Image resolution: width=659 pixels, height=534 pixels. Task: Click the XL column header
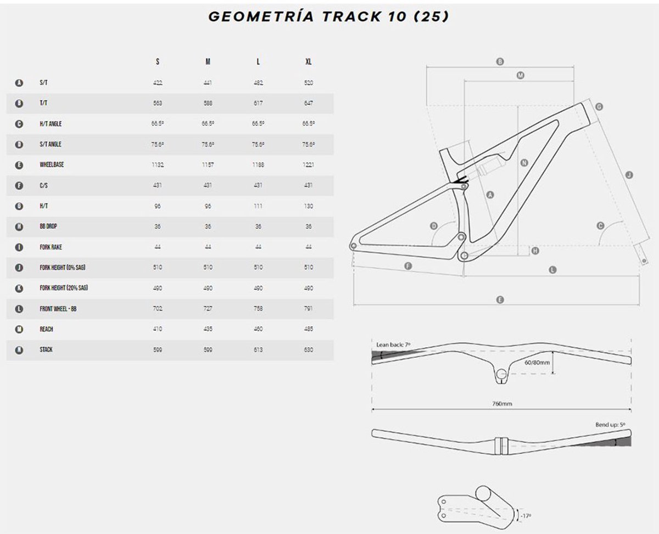(x=308, y=62)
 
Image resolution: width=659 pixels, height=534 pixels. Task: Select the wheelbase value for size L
(x=258, y=165)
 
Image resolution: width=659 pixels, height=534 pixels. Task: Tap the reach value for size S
(x=158, y=329)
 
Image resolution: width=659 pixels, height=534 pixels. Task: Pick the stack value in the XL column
(x=308, y=350)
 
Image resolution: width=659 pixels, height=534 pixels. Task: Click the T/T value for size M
(x=208, y=103)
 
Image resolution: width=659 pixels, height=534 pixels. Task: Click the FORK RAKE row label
(x=51, y=247)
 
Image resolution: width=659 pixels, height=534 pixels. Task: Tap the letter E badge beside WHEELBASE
(x=19, y=165)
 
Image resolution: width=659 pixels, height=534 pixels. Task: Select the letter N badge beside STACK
(x=19, y=350)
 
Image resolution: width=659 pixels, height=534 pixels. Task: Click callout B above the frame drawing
(x=500, y=62)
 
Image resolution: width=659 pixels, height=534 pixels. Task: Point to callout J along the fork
(x=629, y=175)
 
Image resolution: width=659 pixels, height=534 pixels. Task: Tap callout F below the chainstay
(x=408, y=266)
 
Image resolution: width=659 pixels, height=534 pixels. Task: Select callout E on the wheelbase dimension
(x=500, y=299)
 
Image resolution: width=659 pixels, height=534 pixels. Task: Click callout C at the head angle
(x=600, y=226)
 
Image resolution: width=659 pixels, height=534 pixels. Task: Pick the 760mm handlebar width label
(x=502, y=404)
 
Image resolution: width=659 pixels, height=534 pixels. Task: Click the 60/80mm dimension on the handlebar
(x=537, y=363)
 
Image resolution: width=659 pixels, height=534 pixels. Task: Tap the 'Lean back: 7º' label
(x=393, y=344)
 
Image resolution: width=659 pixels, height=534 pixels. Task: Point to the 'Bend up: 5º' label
(x=611, y=424)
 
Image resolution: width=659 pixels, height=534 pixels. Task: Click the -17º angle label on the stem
(x=526, y=516)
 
